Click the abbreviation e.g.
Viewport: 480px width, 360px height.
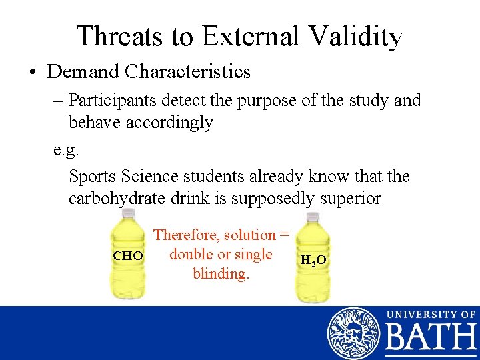[x=66, y=148]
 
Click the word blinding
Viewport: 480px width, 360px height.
[x=221, y=273]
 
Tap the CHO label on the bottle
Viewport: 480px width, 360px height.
[x=127, y=256]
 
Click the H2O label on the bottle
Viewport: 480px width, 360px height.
[x=313, y=260]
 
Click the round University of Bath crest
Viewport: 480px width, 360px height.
[x=353, y=333]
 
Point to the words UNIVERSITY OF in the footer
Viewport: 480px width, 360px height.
[x=431, y=313]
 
